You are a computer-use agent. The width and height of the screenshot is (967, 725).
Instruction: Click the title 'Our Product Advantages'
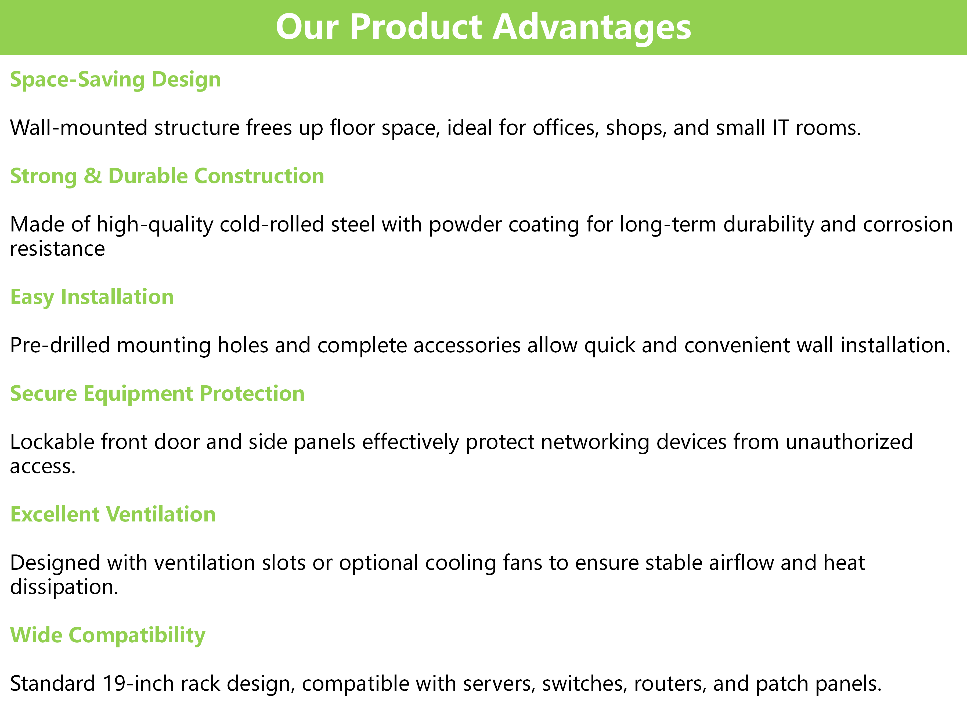point(483,27)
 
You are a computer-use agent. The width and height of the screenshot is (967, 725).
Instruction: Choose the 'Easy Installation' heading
point(92,297)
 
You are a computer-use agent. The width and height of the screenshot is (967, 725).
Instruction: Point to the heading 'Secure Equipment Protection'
point(157,394)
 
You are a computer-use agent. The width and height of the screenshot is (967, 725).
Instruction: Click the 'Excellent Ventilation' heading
point(113,514)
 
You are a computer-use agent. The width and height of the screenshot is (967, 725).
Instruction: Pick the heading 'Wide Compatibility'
point(107,635)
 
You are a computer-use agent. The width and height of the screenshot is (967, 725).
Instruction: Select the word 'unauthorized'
point(849,442)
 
